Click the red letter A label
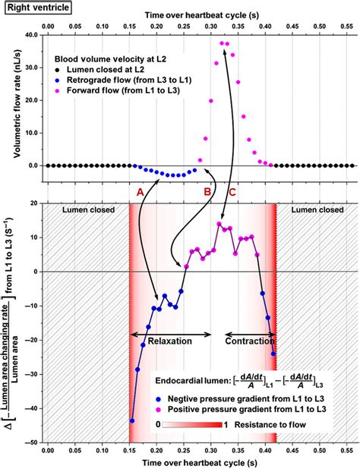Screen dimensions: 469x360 [140, 193]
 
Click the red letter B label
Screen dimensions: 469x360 [207, 193]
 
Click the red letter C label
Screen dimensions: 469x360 [232, 193]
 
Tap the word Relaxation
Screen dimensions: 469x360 [170, 342]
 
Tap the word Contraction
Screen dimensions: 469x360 [249, 342]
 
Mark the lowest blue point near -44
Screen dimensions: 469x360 [131, 420]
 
